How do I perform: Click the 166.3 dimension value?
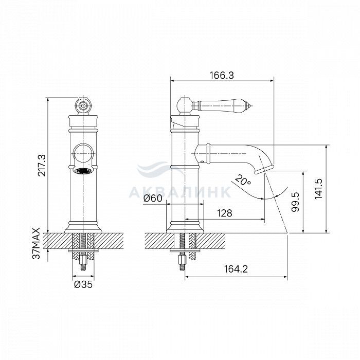pos(222,75)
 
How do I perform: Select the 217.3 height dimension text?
pos(42,165)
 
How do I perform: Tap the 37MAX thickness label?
pos(37,243)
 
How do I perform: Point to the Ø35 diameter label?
pos(83,284)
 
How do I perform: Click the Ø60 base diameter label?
pos(153,198)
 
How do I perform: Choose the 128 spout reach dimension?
pos(225,213)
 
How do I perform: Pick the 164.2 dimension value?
pos(236,269)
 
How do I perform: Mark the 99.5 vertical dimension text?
pos(296,202)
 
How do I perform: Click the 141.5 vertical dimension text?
pos(318,189)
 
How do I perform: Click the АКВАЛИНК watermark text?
pos(179,192)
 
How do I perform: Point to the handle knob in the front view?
pos(83,106)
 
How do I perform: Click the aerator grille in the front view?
pos(83,171)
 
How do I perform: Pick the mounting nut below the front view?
pos(83,260)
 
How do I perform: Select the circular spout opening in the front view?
pos(83,153)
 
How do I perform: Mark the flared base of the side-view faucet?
pos(185,227)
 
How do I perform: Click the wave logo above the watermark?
pos(160,169)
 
